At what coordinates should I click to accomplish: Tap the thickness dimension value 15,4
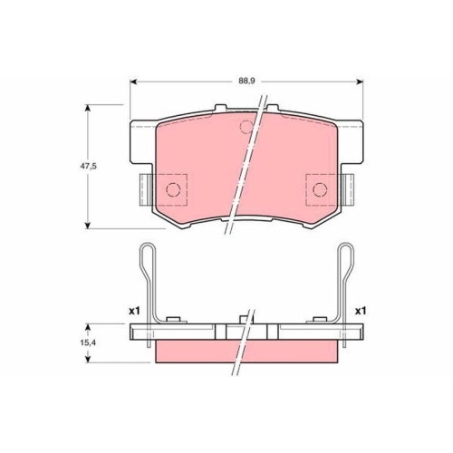click(81, 346)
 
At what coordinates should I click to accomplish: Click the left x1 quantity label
click(135, 311)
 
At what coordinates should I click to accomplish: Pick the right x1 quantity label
click(360, 311)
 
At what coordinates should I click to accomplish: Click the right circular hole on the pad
click(320, 188)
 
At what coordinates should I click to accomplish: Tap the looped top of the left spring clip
click(147, 252)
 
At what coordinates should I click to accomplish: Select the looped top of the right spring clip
click(345, 252)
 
